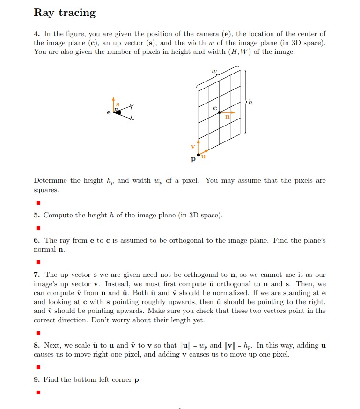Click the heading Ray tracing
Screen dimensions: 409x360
tap(65, 13)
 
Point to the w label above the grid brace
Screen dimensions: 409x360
tap(214, 72)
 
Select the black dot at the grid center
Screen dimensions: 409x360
tap(220, 112)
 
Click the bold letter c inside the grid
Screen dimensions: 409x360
tap(215, 108)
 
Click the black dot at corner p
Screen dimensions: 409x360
tap(198, 154)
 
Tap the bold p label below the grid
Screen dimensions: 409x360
tap(193, 160)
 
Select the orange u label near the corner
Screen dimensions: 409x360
tap(204, 157)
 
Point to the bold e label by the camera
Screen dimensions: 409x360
tap(109, 113)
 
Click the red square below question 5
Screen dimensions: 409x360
tap(38, 228)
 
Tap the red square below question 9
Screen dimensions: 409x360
tap(38, 392)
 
